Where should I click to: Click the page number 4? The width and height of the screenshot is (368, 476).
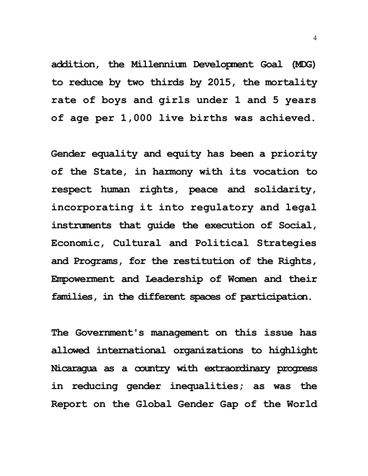coord(315,38)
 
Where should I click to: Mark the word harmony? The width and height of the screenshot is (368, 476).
coord(173,172)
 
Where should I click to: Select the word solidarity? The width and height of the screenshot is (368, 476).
coord(285,189)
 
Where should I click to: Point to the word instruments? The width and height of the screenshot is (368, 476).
coord(81,226)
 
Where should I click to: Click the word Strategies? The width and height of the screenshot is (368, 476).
coord(286,243)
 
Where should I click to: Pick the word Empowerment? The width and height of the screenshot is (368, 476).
coord(83,279)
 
